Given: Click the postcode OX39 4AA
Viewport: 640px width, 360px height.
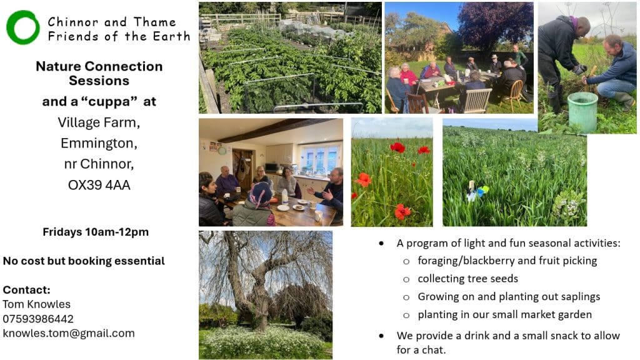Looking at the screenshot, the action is [99, 185].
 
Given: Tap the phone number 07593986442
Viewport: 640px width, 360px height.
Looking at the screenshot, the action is [38, 319].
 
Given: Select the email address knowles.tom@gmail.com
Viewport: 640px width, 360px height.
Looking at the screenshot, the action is [69, 334].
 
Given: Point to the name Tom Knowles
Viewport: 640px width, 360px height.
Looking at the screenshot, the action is [37, 304].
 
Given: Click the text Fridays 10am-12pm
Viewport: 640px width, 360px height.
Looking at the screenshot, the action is [96, 232].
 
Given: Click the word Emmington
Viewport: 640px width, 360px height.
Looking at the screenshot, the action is [99, 143].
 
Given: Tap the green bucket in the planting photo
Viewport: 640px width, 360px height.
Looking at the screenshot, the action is [582, 111].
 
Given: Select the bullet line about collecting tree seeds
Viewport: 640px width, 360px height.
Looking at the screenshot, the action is [467, 278].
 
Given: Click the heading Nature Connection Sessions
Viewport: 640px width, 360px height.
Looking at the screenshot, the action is [99, 73].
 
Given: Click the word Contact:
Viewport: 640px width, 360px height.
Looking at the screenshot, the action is [26, 290].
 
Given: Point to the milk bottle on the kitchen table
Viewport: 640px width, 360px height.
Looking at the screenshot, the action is [285, 197].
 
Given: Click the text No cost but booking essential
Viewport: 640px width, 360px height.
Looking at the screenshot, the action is [84, 261].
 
